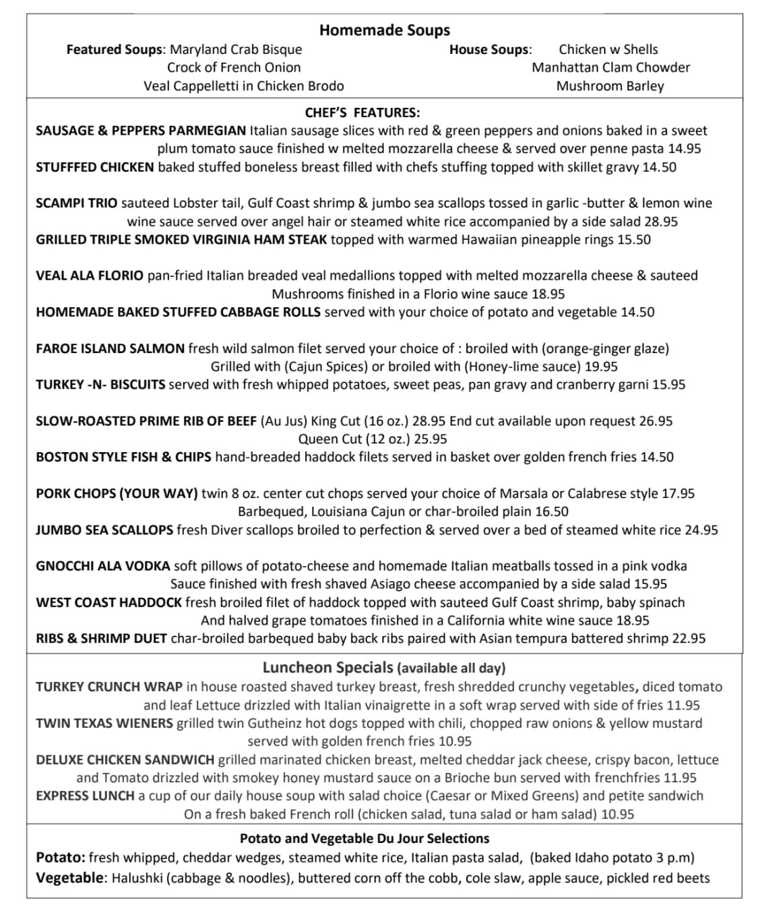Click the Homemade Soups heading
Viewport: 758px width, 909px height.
(x=384, y=30)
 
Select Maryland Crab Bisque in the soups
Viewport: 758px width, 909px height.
(x=236, y=49)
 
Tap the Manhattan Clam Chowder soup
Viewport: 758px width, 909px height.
(x=610, y=67)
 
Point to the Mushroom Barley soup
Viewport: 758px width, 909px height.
(x=610, y=86)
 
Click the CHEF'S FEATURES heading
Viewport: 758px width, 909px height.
(x=362, y=113)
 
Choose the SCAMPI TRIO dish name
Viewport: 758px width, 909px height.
(x=76, y=203)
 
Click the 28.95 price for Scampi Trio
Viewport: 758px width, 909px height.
(x=660, y=221)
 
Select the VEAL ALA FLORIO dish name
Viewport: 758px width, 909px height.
(x=89, y=275)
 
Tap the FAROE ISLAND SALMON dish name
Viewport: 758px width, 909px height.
(x=110, y=348)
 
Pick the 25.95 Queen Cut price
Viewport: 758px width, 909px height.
(x=430, y=439)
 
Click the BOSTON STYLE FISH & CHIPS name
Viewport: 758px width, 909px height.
(x=123, y=457)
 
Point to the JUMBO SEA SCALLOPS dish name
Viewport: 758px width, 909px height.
(x=104, y=530)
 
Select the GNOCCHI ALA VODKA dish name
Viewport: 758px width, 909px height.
(x=102, y=566)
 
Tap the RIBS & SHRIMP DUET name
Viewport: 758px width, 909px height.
(x=101, y=638)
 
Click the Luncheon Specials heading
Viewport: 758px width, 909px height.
(x=327, y=668)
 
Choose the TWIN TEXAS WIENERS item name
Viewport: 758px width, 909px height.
(x=104, y=723)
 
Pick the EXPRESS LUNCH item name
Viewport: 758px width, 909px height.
(x=85, y=796)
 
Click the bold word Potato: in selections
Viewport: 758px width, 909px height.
(x=61, y=858)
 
